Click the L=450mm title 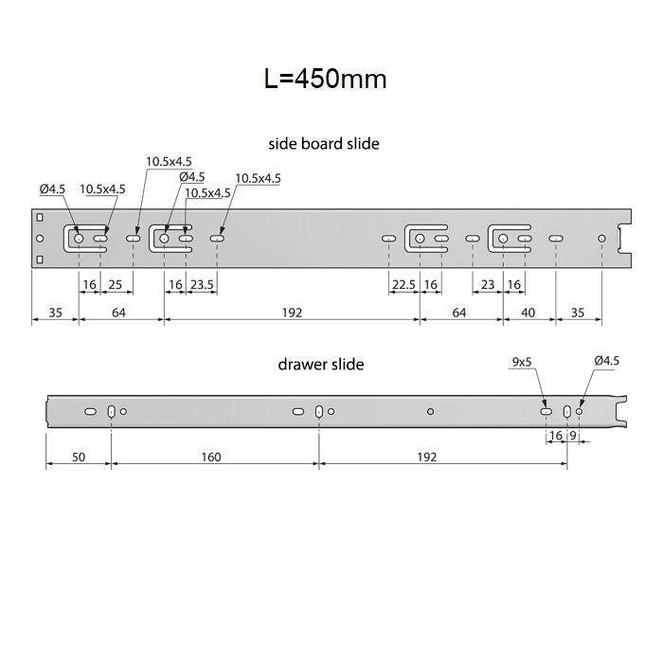click(325, 79)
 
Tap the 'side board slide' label click(324, 144)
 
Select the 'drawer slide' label click(320, 364)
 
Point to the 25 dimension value click(115, 285)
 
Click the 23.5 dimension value click(203, 285)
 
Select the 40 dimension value click(529, 313)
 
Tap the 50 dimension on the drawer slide click(79, 457)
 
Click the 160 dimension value click(210, 457)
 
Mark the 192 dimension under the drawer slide click(426, 457)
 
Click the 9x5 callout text click(521, 361)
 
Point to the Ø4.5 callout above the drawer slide click(606, 361)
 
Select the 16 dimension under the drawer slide click(555, 437)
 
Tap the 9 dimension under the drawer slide click(573, 437)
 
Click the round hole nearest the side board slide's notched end click(601, 238)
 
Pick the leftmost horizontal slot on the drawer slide click(90, 412)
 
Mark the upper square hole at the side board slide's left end click(39, 220)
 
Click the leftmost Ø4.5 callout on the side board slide click(52, 188)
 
